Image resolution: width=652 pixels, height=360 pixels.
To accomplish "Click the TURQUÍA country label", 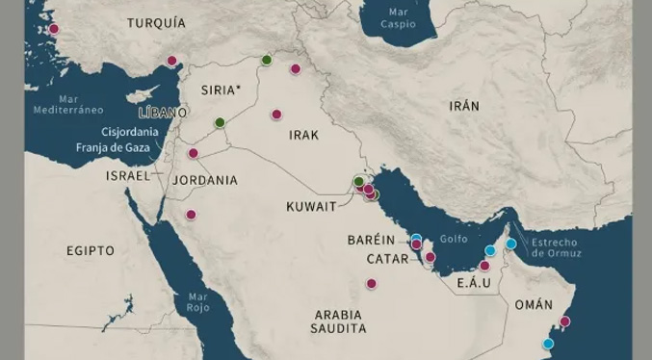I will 156,22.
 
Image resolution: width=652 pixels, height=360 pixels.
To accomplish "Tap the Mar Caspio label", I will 398,17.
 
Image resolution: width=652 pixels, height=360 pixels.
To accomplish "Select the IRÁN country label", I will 463,106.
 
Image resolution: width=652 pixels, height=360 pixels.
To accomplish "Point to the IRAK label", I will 303,136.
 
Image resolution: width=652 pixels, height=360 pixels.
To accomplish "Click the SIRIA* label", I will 221,90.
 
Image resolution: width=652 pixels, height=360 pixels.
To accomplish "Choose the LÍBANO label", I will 163,113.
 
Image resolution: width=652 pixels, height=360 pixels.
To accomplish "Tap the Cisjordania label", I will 131,132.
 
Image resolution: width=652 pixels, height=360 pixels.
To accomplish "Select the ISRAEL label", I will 128,176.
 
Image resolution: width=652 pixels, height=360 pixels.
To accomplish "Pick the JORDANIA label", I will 204,180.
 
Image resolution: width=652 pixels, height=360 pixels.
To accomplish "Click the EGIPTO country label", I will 91,250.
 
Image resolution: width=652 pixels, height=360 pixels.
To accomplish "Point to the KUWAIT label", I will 311,206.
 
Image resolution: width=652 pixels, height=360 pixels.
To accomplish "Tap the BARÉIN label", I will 371,240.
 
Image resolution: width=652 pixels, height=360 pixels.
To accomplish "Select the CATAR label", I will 387,259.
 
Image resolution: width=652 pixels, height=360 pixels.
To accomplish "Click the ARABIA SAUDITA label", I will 338,321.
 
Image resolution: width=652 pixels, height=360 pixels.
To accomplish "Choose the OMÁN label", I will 534,304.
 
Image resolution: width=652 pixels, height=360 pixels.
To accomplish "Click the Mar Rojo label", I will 198,302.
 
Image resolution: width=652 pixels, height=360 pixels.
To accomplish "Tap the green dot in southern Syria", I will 220,122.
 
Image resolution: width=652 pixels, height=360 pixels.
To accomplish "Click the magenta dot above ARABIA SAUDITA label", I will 371,283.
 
